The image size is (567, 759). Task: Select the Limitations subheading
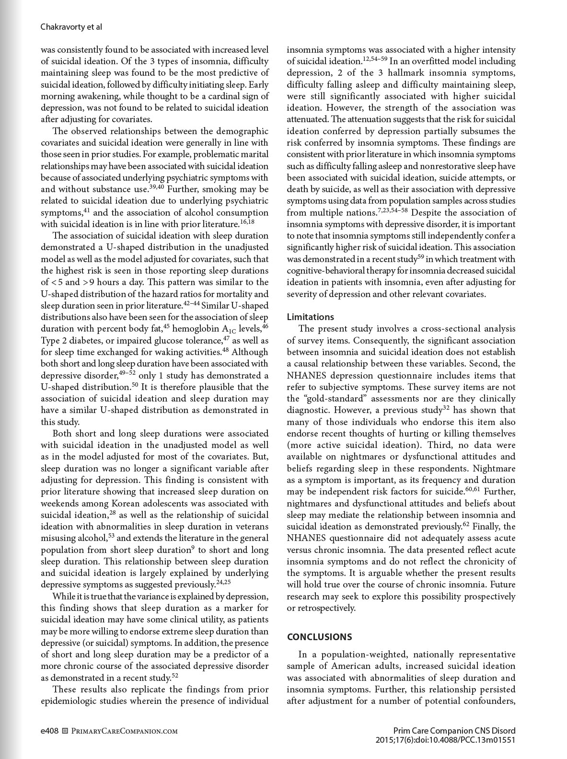[310, 317]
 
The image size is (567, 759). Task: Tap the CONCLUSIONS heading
[319, 637]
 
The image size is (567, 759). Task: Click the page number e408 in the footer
[49, 731]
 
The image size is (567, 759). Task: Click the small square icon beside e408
[65, 731]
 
